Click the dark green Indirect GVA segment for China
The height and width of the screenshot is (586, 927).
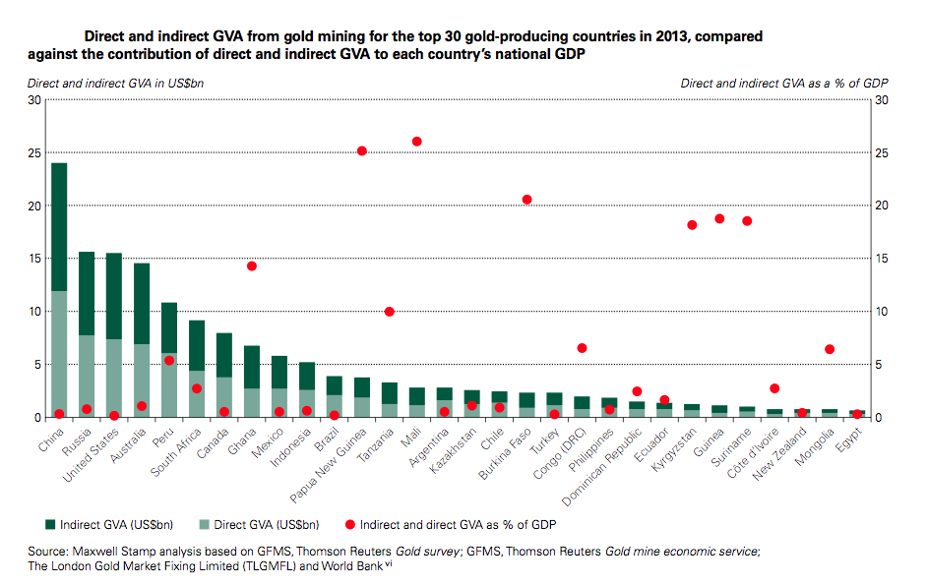point(59,227)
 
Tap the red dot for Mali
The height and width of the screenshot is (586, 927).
point(416,142)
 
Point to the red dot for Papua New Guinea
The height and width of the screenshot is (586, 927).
point(361,151)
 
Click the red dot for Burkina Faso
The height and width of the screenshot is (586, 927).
point(526,200)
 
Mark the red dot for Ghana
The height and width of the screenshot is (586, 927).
point(251,266)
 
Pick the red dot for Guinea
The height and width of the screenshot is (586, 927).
point(719,218)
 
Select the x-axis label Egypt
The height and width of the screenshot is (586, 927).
point(849,439)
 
